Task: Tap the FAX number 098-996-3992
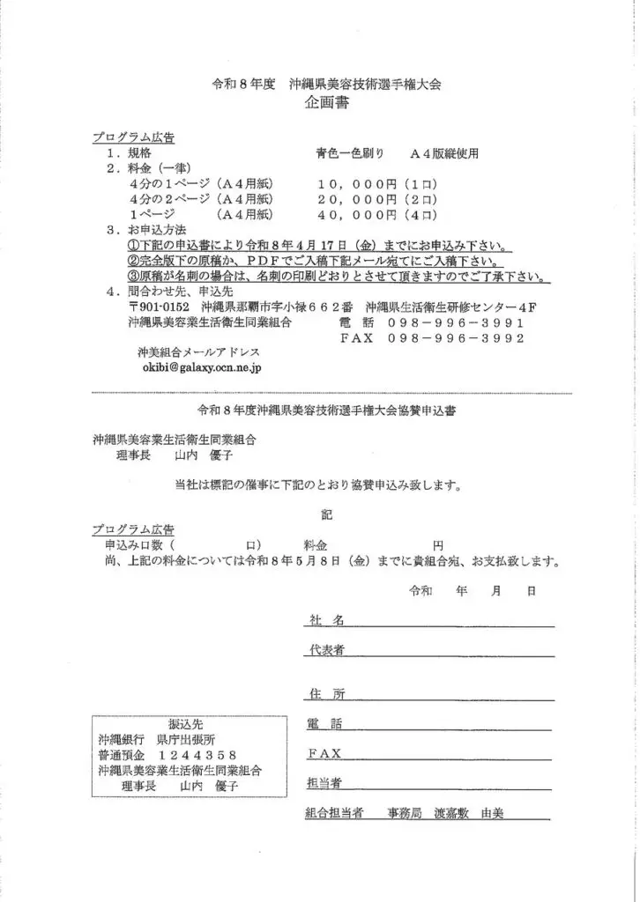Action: pos(458,337)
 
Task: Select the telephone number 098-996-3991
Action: pos(458,322)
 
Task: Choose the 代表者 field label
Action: pos(325,650)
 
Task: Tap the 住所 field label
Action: pos(325,694)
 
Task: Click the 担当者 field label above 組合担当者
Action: pos(325,783)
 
